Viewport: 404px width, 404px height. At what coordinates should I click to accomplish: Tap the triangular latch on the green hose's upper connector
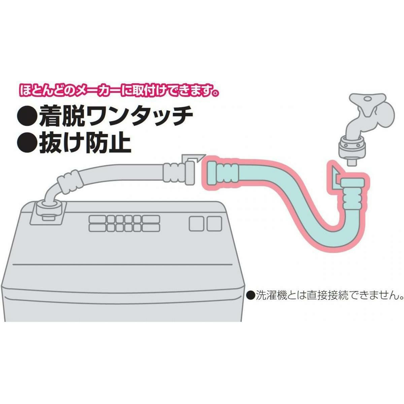coord(335,176)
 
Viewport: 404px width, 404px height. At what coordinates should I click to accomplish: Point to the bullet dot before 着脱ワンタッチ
coord(27,116)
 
